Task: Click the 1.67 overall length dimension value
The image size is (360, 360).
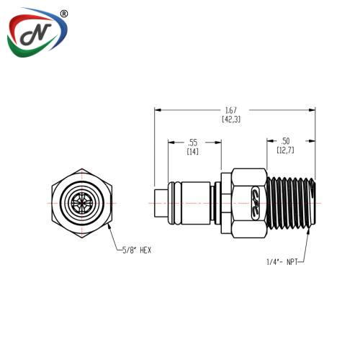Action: coord(231,110)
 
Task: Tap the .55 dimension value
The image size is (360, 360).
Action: coord(193,143)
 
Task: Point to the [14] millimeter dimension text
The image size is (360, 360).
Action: coord(193,152)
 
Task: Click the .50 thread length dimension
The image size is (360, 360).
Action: coord(285,141)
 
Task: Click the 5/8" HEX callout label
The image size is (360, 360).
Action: coord(137,251)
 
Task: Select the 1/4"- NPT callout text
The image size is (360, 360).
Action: coord(282,262)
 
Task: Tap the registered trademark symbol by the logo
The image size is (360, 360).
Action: coord(63,14)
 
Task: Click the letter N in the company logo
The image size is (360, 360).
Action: coord(36,35)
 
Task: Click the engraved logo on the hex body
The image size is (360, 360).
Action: coord(255,203)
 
